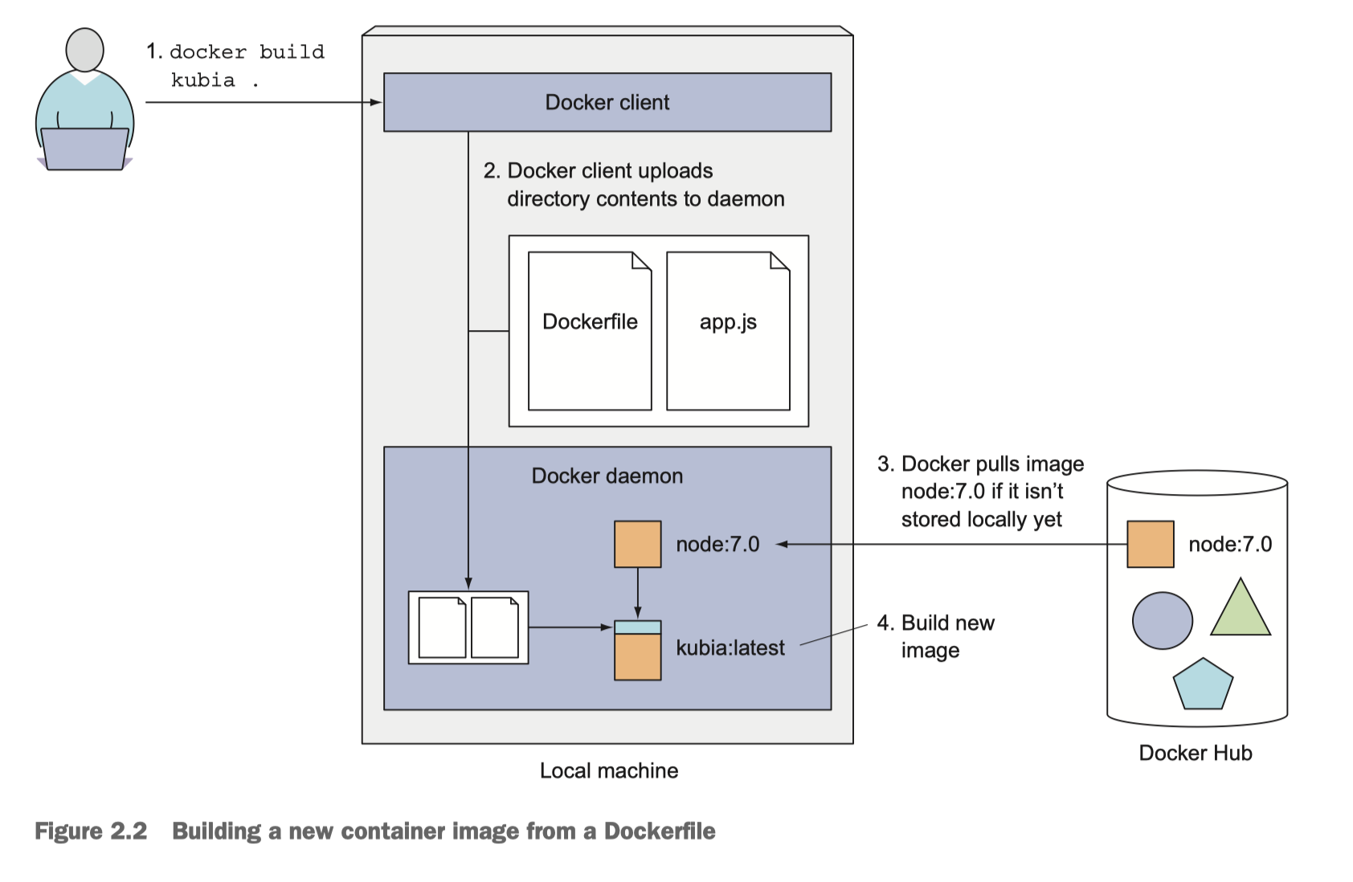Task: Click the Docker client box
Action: pos(607,102)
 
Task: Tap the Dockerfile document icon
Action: pos(589,331)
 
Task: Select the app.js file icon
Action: pos(728,331)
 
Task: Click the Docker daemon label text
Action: pos(607,476)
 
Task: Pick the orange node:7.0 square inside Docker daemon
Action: pos(637,544)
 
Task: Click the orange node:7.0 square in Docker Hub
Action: pos(1150,544)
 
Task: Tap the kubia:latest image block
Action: pos(637,651)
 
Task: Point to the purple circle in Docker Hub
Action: pos(1162,621)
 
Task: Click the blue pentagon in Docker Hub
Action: pos(1202,685)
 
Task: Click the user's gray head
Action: pos(84,50)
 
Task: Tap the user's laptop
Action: pos(84,149)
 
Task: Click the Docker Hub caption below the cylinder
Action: pos(1195,753)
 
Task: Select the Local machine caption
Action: pos(608,770)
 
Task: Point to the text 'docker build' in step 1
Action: pos(247,52)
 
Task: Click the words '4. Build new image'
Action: pos(936,635)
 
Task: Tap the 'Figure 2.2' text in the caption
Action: pos(91,831)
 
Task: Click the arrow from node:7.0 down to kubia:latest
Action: pos(637,593)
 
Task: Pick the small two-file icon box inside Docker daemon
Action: pos(468,627)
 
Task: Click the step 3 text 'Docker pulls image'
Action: pos(992,463)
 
